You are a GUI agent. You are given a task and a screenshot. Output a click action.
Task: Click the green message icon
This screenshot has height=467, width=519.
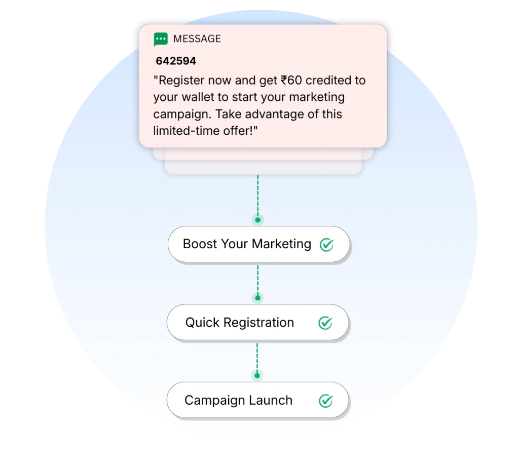click(x=161, y=39)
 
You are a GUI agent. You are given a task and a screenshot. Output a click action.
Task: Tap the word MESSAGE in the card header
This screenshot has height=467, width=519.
click(x=197, y=39)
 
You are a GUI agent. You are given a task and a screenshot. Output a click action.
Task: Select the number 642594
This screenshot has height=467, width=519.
click(x=176, y=61)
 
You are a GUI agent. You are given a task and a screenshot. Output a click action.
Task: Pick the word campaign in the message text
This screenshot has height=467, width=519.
click(x=177, y=114)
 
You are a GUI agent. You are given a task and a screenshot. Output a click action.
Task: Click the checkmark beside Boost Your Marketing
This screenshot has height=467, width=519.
click(x=326, y=245)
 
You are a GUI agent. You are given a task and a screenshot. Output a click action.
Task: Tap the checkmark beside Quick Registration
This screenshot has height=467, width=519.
click(x=325, y=323)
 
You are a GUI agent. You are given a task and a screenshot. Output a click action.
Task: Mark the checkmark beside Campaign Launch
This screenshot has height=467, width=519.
click(x=325, y=401)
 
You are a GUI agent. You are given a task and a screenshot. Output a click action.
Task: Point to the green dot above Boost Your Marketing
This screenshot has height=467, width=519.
click(x=258, y=220)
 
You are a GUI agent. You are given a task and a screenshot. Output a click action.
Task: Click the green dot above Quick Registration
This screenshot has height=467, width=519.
click(x=258, y=298)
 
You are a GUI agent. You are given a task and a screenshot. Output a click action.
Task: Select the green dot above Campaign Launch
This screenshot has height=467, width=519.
click(x=257, y=375)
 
